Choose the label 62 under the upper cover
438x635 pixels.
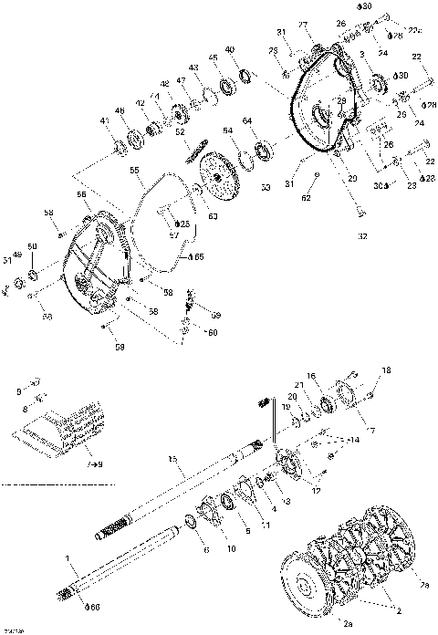(x=307, y=197)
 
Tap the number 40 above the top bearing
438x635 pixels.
(x=229, y=49)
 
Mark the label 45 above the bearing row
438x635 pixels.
(x=213, y=58)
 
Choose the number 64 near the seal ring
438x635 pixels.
(x=246, y=120)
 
